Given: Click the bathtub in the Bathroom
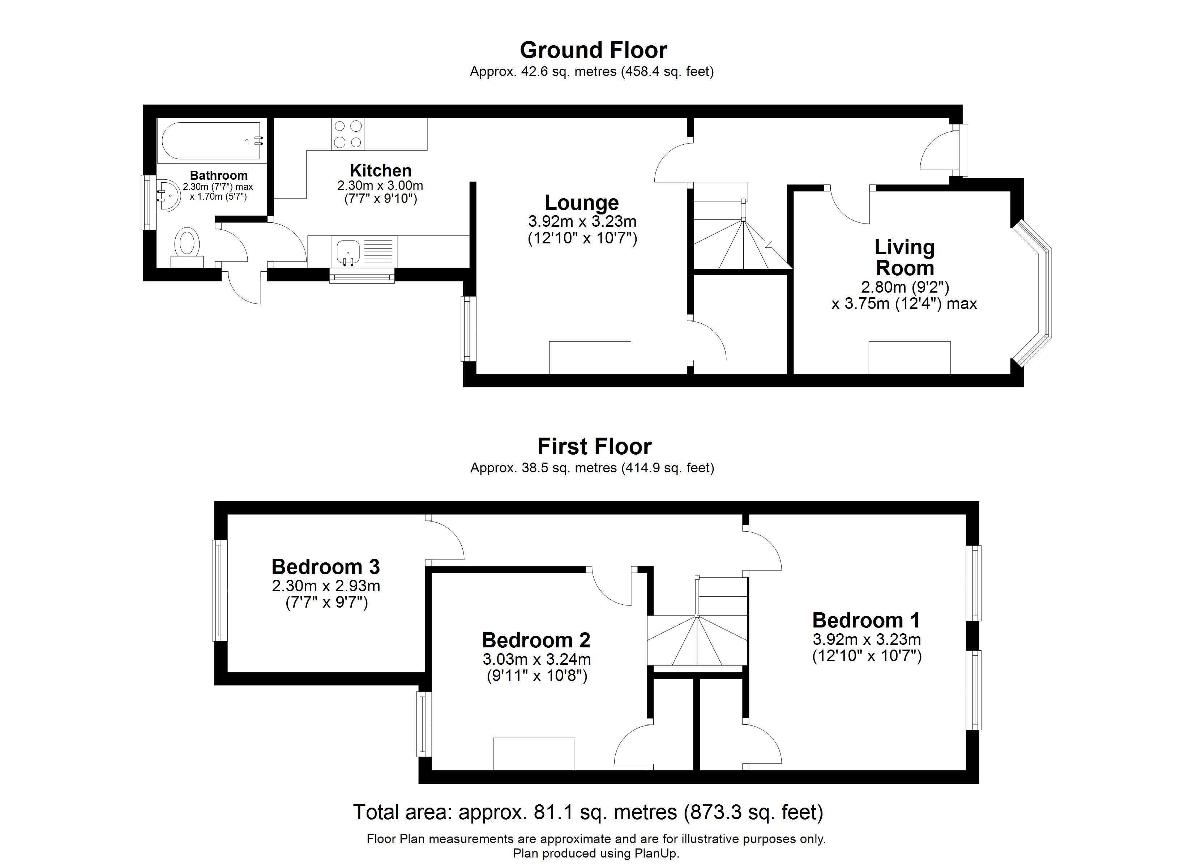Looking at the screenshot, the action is click(211, 141).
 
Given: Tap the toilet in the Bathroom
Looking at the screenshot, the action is click(187, 247).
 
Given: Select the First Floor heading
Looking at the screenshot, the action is click(594, 446).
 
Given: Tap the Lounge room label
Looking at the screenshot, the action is click(582, 203).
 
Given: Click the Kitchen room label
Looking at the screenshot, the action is click(380, 171).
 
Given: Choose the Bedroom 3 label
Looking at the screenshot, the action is click(326, 567).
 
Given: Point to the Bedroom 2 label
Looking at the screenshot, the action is click(536, 640).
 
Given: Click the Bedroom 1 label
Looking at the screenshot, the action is click(866, 621).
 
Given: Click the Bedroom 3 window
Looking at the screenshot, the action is click(219, 591).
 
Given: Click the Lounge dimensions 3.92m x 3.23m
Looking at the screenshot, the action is click(582, 222).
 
